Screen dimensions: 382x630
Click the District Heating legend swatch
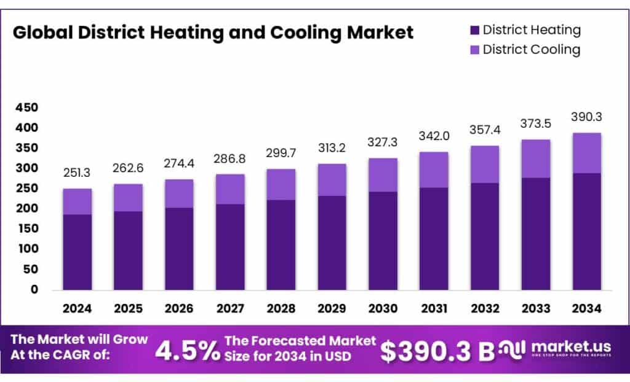(474, 30)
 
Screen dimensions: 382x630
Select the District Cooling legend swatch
(474, 50)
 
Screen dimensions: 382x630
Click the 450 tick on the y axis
(26, 108)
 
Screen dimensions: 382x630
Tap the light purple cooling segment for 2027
(230, 189)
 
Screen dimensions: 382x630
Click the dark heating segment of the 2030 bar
(383, 240)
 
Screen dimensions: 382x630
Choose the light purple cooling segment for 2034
(586, 153)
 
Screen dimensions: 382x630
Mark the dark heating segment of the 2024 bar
(77, 252)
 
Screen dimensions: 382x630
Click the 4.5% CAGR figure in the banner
(187, 350)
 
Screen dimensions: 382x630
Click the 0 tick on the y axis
(34, 289)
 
